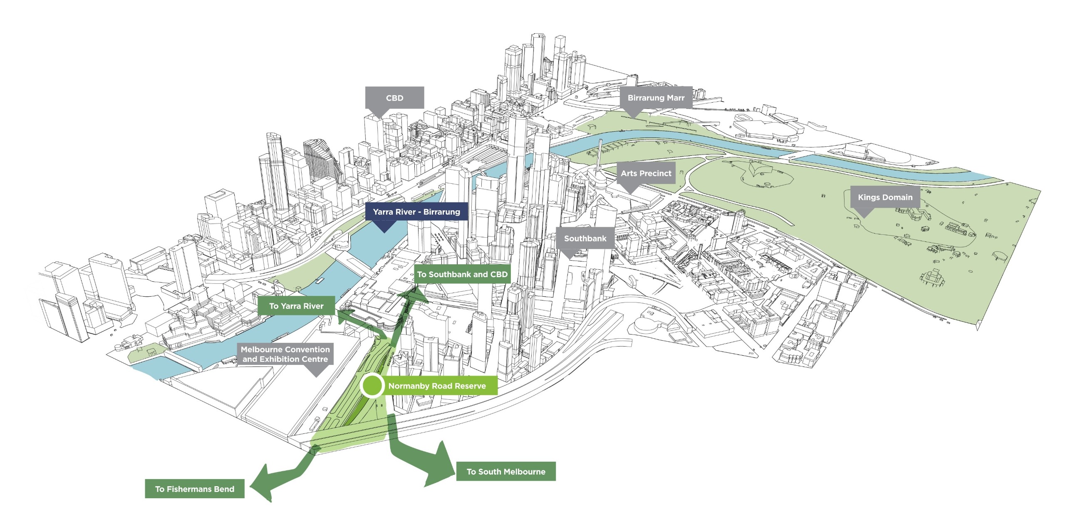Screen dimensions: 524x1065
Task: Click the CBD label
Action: click(x=394, y=98)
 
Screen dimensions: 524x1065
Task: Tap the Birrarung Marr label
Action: click(x=656, y=98)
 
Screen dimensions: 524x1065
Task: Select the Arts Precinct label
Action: click(x=646, y=173)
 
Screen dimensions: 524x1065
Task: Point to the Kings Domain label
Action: click(x=885, y=197)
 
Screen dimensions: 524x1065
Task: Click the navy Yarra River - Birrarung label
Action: click(x=416, y=212)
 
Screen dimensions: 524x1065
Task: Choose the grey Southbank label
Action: click(x=585, y=239)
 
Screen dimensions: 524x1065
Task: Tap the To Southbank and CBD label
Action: click(x=462, y=274)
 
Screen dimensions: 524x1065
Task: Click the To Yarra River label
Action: click(x=296, y=306)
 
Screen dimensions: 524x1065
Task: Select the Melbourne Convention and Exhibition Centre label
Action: click(x=285, y=354)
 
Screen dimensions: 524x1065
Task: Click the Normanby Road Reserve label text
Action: click(x=437, y=386)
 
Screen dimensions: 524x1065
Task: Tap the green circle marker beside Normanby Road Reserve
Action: click(x=372, y=386)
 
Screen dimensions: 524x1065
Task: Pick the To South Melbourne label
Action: click(x=505, y=472)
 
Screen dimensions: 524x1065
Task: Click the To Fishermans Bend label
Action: click(x=194, y=489)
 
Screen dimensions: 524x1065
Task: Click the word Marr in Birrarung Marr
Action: click(x=676, y=98)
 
